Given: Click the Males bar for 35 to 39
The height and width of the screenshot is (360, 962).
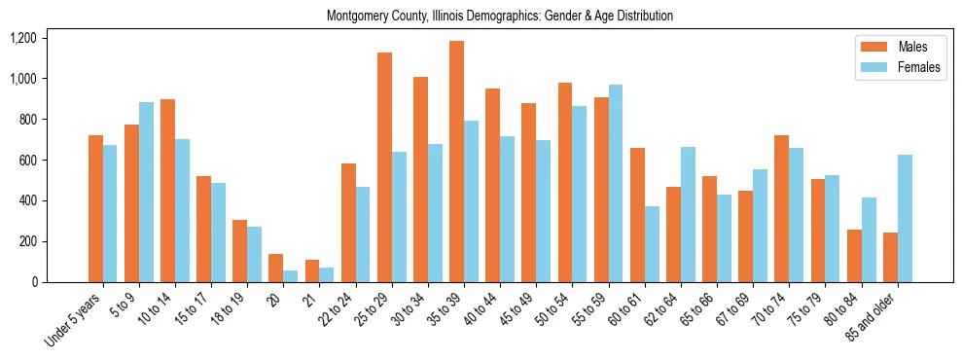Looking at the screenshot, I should (x=456, y=162).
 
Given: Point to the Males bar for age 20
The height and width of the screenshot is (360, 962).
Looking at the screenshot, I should (x=276, y=268).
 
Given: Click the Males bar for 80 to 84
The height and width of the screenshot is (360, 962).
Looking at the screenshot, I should (x=854, y=256).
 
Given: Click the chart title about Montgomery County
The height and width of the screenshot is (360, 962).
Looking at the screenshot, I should (x=500, y=17).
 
